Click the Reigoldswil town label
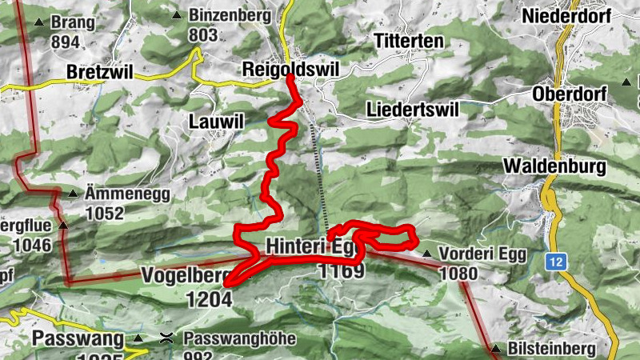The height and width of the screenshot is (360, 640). pos(290,70)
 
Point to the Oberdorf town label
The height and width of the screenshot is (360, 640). pos(569,94)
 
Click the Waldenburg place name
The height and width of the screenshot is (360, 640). pos(552,166)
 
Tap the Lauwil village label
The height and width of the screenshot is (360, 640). pos(214,122)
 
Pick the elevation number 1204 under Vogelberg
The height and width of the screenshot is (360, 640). pos(209,299)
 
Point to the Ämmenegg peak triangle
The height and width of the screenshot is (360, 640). pos(74,194)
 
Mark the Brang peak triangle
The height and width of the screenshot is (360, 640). pos(38,22)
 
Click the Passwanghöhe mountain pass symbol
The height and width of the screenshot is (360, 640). pos(166,338)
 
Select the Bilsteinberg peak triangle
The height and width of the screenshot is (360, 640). pos(496,349)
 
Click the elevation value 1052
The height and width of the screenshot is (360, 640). pos(106,214)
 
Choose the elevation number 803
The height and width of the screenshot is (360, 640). pos(204,35)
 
